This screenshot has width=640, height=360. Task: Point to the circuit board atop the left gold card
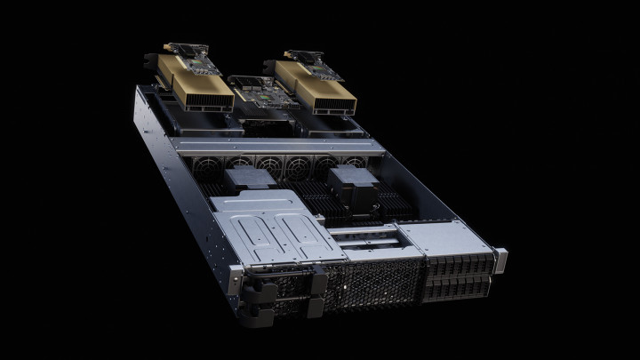(191, 59)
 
